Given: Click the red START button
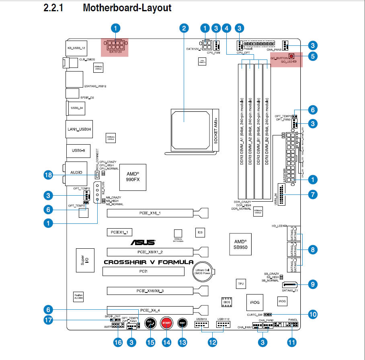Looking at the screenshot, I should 166,323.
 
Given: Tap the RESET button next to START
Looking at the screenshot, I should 182,323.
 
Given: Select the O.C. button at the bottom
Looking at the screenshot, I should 150,323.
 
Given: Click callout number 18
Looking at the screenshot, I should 48,175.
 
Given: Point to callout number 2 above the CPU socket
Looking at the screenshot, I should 184,28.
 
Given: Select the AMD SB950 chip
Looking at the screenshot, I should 243,244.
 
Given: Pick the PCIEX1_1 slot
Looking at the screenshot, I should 119,232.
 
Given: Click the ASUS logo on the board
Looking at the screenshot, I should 143,242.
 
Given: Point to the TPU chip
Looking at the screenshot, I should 241,284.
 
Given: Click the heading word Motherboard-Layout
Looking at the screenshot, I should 127,8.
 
